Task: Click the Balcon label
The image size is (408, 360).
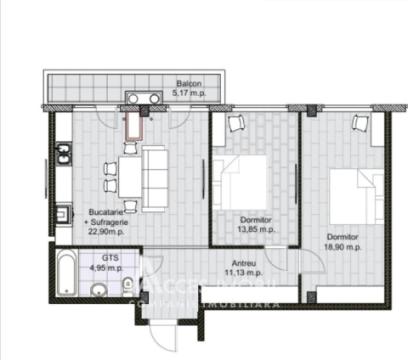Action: (191, 83)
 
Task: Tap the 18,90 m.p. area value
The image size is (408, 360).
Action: (341, 246)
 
